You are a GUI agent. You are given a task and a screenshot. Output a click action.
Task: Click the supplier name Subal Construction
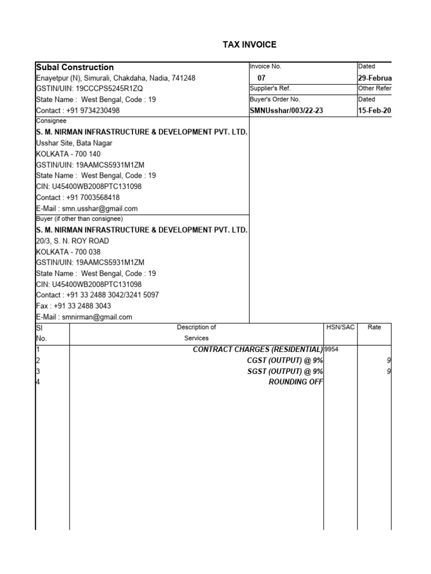[75, 67]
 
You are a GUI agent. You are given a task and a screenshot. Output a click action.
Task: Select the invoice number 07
[262, 78]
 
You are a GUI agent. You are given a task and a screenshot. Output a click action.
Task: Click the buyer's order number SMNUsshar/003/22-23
[286, 111]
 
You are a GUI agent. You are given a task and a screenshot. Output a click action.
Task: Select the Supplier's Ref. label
[270, 89]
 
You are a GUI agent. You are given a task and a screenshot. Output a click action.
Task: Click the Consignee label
[51, 121]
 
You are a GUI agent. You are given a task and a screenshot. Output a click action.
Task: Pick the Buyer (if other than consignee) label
[79, 219]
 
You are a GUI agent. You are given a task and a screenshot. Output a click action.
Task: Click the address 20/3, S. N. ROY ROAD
[72, 241]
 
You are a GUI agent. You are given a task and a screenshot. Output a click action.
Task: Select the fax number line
[74, 306]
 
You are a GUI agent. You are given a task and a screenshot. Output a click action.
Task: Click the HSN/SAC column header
[341, 327]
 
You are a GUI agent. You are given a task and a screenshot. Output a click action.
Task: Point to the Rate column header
[374, 327]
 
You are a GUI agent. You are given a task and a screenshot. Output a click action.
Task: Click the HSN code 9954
[332, 349]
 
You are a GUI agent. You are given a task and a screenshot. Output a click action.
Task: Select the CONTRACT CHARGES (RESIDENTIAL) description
[258, 349]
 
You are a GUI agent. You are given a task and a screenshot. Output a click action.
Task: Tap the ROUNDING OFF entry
[296, 382]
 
